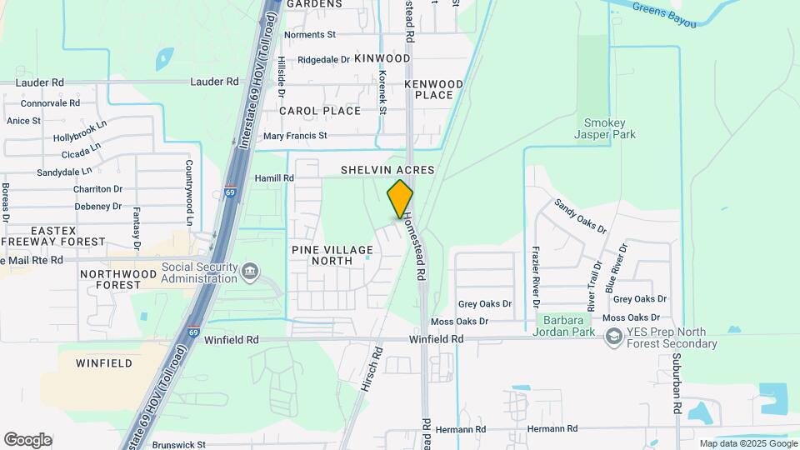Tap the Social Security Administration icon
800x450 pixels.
(x=250, y=272)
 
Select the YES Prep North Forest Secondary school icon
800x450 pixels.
(x=614, y=336)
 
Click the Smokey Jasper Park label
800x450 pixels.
(x=606, y=127)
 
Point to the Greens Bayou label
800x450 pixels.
(x=663, y=14)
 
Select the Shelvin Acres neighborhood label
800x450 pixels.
(x=387, y=170)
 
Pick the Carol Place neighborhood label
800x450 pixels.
(x=320, y=111)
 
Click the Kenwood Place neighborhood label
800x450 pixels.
(x=433, y=89)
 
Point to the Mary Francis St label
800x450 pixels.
(x=295, y=136)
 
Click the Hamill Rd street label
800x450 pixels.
(x=276, y=178)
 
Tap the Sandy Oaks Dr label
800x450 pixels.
(x=581, y=217)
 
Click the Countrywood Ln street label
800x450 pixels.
(x=190, y=192)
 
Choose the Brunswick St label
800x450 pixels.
(x=178, y=445)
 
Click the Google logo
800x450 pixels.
(x=27, y=440)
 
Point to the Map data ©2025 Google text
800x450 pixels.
(x=747, y=444)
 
